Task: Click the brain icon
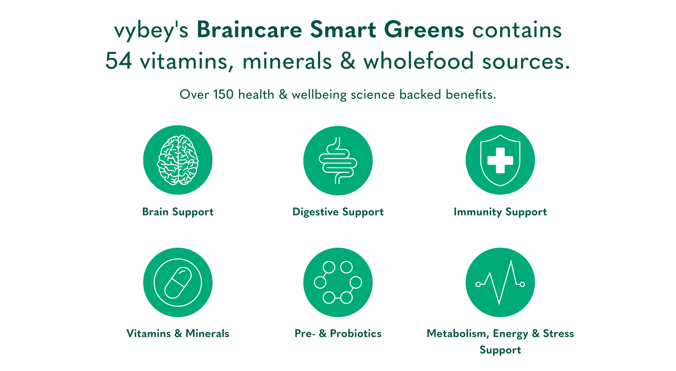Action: [178, 160]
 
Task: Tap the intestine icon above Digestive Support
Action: [338, 161]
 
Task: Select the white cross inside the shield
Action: [500, 160]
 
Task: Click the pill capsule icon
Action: [178, 282]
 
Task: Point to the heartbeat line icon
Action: [500, 282]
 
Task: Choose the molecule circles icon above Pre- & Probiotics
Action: [338, 282]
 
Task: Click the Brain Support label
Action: [178, 212]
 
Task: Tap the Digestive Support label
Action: [338, 212]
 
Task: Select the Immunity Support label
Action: [500, 212]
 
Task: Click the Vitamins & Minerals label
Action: [178, 333]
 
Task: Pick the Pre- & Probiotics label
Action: [338, 333]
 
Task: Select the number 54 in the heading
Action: [119, 61]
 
